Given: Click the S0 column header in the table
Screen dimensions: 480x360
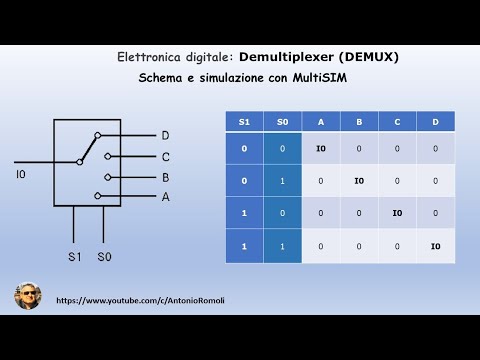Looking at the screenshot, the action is [283, 121].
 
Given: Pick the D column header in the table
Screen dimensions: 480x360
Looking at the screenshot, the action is [435, 121].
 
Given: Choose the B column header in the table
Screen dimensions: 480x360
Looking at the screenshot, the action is [359, 121].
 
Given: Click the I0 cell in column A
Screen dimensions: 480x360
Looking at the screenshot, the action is [321, 148].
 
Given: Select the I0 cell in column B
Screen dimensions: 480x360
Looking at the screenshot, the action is [359, 181].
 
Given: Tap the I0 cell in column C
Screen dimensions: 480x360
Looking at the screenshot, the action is [397, 213].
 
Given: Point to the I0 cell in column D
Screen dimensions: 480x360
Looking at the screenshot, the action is [435, 246].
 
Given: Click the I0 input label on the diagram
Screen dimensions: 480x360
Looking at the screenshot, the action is [22, 175].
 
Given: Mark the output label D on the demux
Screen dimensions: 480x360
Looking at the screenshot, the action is [165, 135].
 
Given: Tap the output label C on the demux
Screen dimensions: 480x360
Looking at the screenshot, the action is [165, 156].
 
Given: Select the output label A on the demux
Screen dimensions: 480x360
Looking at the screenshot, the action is [165, 197].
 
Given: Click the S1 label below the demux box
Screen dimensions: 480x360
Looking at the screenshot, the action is [75, 257].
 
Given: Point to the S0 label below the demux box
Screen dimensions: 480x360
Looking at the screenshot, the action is [104, 257].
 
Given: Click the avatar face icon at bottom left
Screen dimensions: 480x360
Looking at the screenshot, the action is [28, 295].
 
